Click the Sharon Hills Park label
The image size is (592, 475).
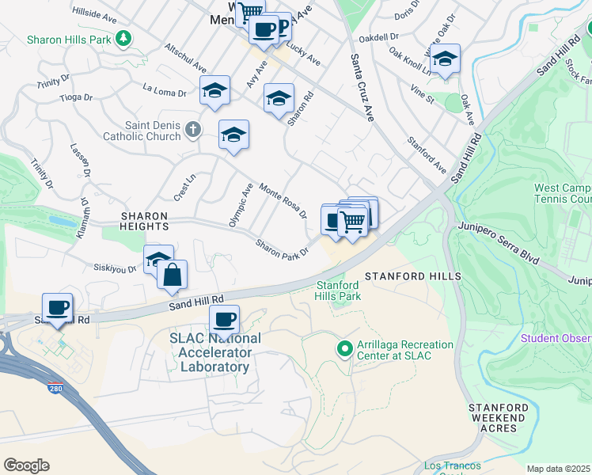coord(69,39)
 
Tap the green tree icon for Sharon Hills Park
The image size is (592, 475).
coord(123,38)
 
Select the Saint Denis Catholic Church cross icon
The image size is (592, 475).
coord(192,129)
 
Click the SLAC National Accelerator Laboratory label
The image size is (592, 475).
coord(210,351)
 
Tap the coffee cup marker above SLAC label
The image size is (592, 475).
coord(224,320)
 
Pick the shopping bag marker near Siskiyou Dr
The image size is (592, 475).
coord(173,276)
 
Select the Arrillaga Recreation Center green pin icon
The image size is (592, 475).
coord(344,348)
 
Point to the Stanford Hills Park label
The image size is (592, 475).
coord(339,291)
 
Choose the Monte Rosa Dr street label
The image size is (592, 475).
coord(283,201)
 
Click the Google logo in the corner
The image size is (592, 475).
coord(26,465)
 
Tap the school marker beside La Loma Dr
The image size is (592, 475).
coord(214,92)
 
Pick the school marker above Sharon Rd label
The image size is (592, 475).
coord(279,99)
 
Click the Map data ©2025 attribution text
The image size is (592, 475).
coord(559,469)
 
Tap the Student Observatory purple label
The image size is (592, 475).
coord(556,339)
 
